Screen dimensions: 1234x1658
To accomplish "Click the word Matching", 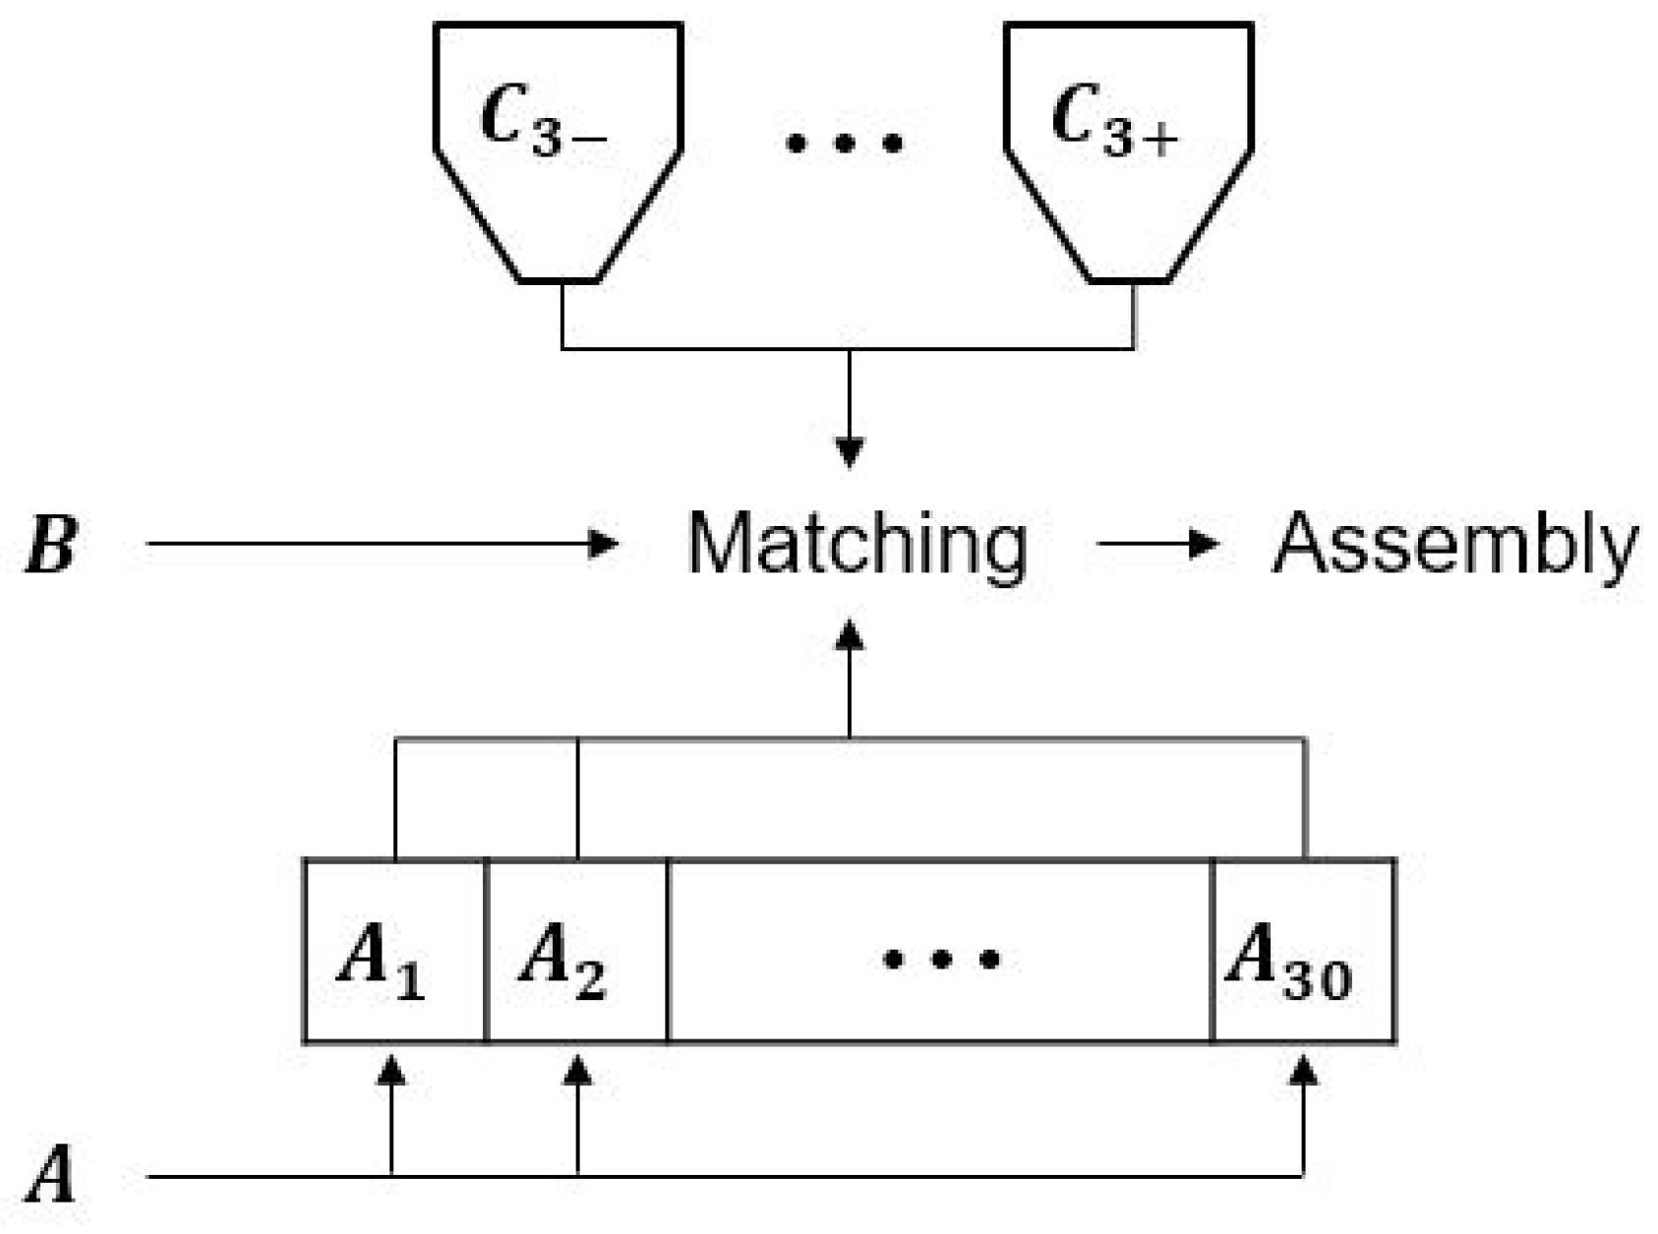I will pyautogui.click(x=857, y=544).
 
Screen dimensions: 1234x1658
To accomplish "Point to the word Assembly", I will pyautogui.click(x=1455, y=544).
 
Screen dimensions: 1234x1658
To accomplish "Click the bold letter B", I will pyautogui.click(x=51, y=544).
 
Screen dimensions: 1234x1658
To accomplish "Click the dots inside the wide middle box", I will pyautogui.click(x=941, y=958).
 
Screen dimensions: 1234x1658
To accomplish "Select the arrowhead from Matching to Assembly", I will pyautogui.click(x=1204, y=543).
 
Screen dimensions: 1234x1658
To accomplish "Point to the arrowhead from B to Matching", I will pyautogui.click(x=602, y=543).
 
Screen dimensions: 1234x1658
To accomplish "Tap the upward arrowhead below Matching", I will pyautogui.click(x=849, y=635).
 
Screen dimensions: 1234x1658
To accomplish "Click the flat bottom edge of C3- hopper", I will pyautogui.click(x=559, y=281).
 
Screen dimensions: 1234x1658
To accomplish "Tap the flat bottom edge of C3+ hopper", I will pyautogui.click(x=1129, y=281).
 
